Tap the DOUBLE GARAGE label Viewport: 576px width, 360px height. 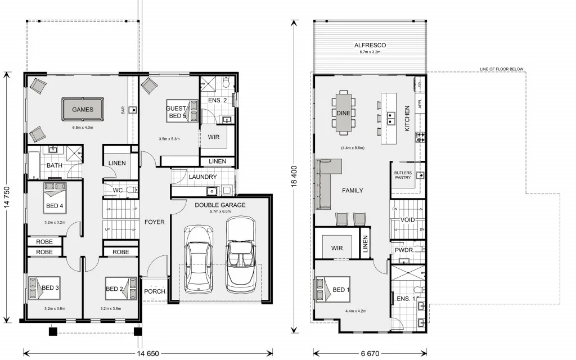point(220,205)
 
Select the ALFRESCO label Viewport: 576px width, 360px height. point(370,45)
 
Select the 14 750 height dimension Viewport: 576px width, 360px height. point(7,197)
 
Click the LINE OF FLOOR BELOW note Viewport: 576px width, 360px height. point(501,69)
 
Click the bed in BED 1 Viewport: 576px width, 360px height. point(332,292)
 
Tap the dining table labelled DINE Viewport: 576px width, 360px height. point(344,113)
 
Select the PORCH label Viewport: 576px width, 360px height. point(154,291)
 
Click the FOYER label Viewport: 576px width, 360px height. point(154,222)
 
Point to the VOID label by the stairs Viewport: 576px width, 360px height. point(407,219)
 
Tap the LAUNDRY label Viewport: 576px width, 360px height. point(203,177)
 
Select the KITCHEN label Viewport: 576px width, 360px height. point(407,119)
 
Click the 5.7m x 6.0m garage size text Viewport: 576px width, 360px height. point(220,212)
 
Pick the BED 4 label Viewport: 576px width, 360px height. point(53,206)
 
